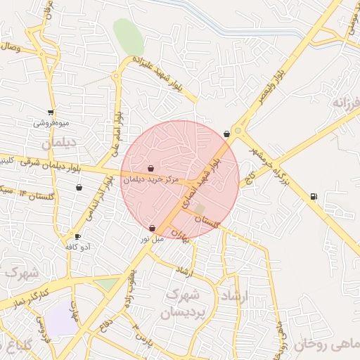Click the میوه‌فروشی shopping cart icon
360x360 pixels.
(x=50, y=112)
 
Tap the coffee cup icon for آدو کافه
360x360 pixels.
(x=77, y=236)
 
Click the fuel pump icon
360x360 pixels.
(x=313, y=196)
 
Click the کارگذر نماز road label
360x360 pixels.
(x=32, y=295)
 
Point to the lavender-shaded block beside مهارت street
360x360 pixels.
(x=63, y=321)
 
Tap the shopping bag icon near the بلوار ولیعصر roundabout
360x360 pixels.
(x=226, y=134)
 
